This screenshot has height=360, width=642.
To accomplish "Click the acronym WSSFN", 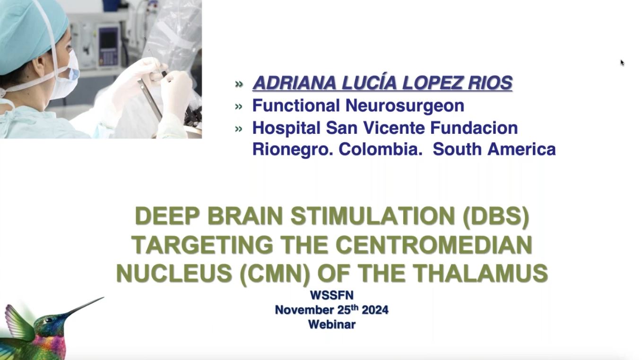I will click(x=331, y=295).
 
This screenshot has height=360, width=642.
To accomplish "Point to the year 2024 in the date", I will click(x=375, y=310).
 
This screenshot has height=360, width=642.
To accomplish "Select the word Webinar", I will click(x=331, y=325).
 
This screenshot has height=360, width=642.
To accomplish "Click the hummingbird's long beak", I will click(x=83, y=307).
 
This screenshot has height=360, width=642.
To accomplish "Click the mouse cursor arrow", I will click(x=622, y=62).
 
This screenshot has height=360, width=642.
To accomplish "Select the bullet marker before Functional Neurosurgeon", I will click(x=239, y=106).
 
